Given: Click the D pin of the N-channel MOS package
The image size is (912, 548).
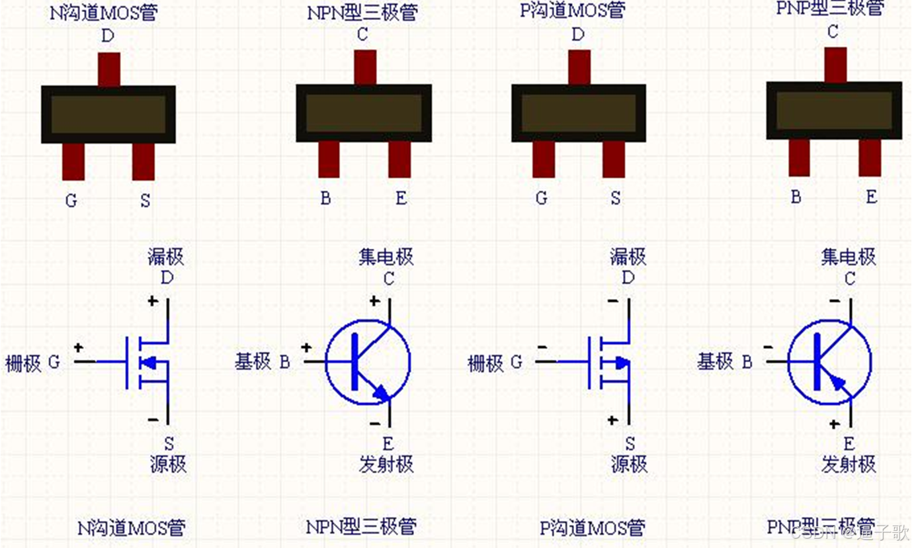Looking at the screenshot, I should click(109, 69).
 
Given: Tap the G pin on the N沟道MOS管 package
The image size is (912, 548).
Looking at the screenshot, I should click(73, 161).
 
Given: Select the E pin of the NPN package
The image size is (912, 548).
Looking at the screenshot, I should click(399, 160).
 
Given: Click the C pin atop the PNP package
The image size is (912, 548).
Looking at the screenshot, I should click(835, 64).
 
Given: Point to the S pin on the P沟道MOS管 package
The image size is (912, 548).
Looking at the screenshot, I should click(614, 160).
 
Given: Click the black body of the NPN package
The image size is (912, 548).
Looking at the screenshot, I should click(364, 113).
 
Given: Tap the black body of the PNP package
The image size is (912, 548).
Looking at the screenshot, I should click(834, 111).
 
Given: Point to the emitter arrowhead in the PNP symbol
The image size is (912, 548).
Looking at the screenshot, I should click(837, 383).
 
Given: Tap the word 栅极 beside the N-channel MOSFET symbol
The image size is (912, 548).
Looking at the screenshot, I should click(23, 363).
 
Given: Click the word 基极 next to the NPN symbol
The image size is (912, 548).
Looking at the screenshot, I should click(253, 361).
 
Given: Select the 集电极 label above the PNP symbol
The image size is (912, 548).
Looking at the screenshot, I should click(849, 257).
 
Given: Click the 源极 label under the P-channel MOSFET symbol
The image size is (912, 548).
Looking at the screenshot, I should click(629, 464).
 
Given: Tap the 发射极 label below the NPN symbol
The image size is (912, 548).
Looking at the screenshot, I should click(386, 464).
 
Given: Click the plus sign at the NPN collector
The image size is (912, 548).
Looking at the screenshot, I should click(374, 302).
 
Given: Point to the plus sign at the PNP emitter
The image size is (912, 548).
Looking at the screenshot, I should click(835, 424).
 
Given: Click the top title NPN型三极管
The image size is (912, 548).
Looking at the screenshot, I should click(362, 13).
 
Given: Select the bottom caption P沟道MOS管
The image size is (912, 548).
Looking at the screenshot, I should click(593, 528).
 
